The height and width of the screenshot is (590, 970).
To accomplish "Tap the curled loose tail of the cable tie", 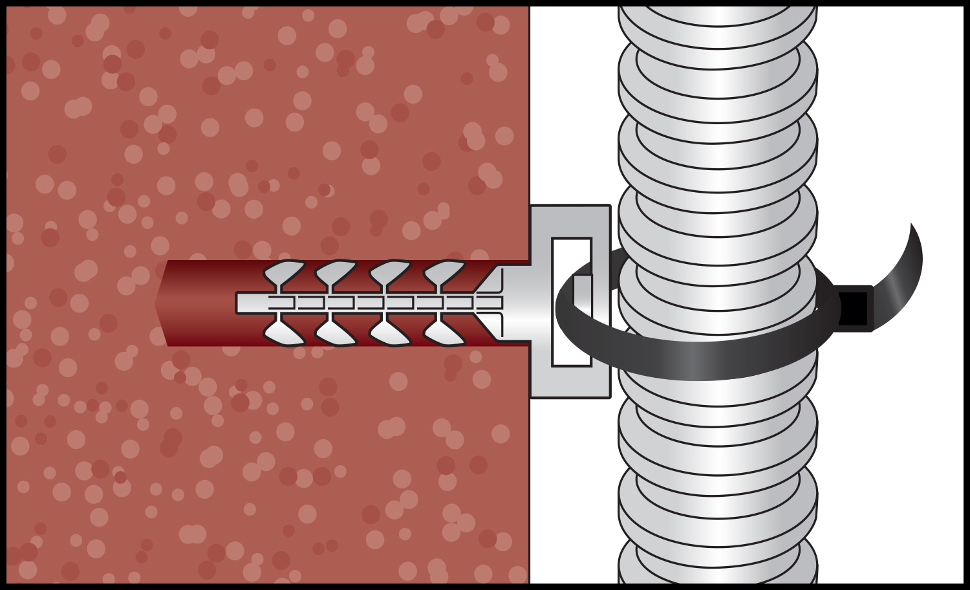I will [x=905, y=262].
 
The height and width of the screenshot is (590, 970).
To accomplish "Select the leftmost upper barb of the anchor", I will [x=283, y=270].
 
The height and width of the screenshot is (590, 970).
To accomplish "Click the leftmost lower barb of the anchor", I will [x=283, y=333].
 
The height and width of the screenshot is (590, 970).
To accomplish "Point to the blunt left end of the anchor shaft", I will [x=239, y=303].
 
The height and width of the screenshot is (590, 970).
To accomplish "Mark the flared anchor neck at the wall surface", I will [x=511, y=303].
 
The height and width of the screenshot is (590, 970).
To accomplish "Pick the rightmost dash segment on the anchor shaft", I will [x=489, y=303].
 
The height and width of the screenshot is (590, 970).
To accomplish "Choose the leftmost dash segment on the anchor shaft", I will [x=281, y=303].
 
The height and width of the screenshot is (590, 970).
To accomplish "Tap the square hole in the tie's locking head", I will [x=854, y=308].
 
